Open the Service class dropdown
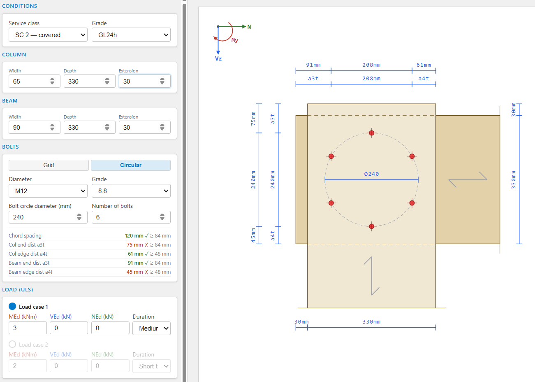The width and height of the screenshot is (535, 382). pyautogui.click(x=48, y=35)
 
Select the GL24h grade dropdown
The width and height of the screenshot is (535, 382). pyautogui.click(x=131, y=35)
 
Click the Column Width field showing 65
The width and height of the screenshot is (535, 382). pyautogui.click(x=35, y=81)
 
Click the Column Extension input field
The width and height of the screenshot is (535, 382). pyautogui.click(x=144, y=81)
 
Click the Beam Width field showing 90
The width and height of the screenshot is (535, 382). pyautogui.click(x=35, y=128)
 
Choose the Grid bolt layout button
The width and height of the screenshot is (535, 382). pyautogui.click(x=49, y=165)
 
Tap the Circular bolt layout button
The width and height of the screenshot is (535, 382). pyautogui.click(x=131, y=165)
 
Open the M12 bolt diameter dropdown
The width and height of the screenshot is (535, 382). pyautogui.click(x=48, y=191)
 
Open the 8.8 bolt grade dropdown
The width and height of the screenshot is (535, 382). pyautogui.click(x=131, y=191)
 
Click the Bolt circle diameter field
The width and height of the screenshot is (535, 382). pyautogui.click(x=48, y=217)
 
